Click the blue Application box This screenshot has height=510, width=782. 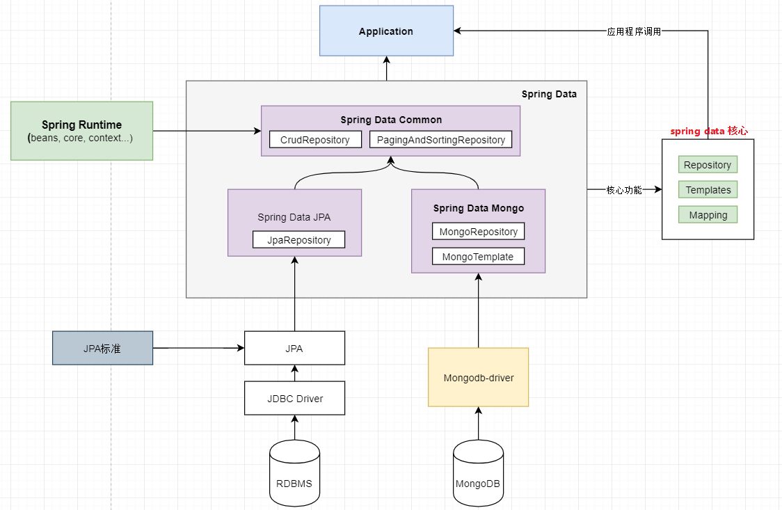pyautogui.click(x=386, y=31)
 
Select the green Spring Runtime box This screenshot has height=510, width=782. pyautogui.click(x=81, y=131)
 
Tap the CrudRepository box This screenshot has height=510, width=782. pyautogui.click(x=315, y=140)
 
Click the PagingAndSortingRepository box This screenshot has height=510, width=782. pyautogui.click(x=440, y=140)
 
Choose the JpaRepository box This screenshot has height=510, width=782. pyautogui.click(x=298, y=240)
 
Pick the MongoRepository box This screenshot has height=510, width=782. pyautogui.click(x=478, y=232)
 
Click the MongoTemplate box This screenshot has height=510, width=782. pyautogui.click(x=478, y=257)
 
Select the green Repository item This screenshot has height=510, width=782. pyautogui.click(x=707, y=165)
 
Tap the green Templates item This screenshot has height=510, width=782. pyautogui.click(x=708, y=190)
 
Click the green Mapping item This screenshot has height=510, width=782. pyautogui.click(x=708, y=215)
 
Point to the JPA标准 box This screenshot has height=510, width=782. pyautogui.click(x=102, y=349)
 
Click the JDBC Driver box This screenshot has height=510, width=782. pyautogui.click(x=294, y=399)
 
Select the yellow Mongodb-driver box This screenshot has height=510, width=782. pyautogui.click(x=478, y=378)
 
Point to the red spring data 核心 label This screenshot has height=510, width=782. pyautogui.click(x=708, y=131)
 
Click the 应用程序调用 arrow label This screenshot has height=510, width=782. pyautogui.click(x=633, y=31)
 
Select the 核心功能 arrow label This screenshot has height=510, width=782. pyautogui.click(x=624, y=190)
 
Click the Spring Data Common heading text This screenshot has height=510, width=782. pyautogui.click(x=391, y=120)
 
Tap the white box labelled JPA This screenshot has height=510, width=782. pyautogui.click(x=294, y=349)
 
